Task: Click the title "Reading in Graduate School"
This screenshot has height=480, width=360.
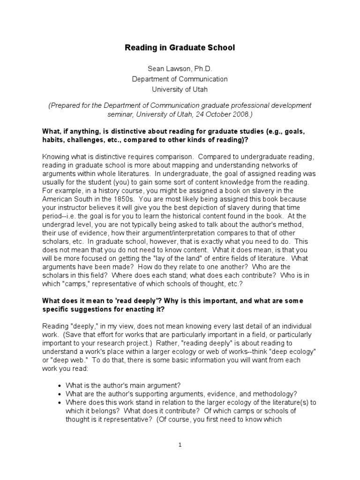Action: [x=180, y=47]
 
